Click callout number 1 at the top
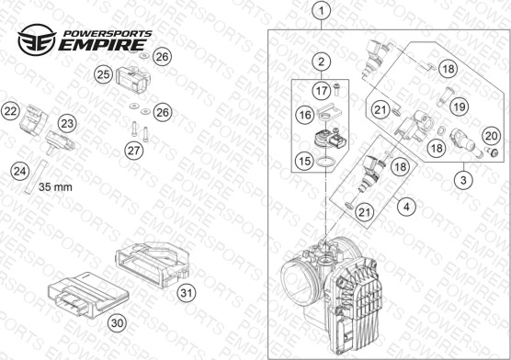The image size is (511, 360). (322, 11)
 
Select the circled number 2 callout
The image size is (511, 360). (322, 62)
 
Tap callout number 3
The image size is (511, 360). (463, 179)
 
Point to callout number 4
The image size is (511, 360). (406, 207)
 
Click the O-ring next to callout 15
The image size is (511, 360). (325, 162)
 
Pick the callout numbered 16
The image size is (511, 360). (305, 115)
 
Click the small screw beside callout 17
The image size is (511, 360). (336, 89)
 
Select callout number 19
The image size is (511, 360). (460, 107)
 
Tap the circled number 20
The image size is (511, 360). (491, 136)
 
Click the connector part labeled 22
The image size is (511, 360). (33, 120)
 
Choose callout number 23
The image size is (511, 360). (67, 123)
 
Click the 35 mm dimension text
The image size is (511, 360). (55, 187)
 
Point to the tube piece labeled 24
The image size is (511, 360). (36, 177)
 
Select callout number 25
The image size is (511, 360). (103, 74)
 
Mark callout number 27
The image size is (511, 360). (134, 151)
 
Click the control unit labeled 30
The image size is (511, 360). (88, 295)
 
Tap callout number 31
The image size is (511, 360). (187, 293)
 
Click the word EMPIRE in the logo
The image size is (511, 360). (102, 45)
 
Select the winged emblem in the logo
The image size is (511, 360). (37, 39)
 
